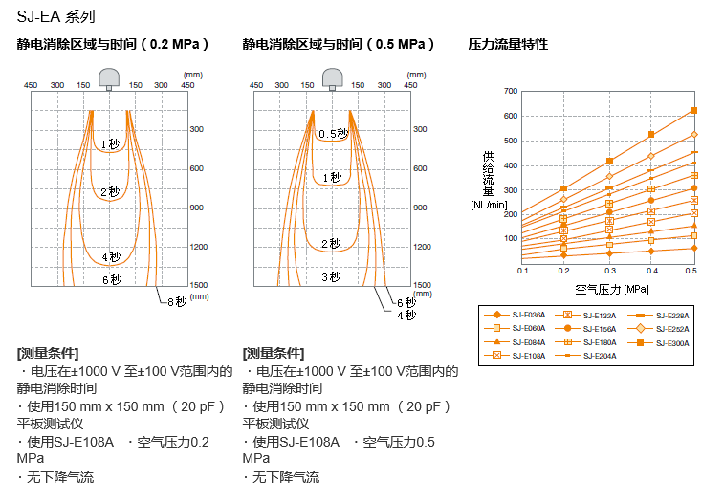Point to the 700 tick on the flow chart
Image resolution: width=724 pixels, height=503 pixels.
pyautogui.click(x=511, y=91)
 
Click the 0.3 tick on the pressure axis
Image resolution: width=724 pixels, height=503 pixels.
pyautogui.click(x=607, y=272)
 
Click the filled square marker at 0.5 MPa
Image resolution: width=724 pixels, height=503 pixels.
pyautogui.click(x=694, y=110)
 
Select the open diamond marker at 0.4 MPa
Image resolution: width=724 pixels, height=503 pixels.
pyautogui.click(x=651, y=156)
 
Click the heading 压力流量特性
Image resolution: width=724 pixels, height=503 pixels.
pyautogui.click(x=508, y=44)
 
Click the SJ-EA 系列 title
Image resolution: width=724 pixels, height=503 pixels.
pyautogui.click(x=55, y=16)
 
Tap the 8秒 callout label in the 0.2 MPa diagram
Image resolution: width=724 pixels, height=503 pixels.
pyautogui.click(x=176, y=302)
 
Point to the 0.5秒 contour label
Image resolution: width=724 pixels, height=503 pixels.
pyautogui.click(x=333, y=134)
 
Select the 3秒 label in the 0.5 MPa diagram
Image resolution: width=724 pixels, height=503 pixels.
pyautogui.click(x=330, y=277)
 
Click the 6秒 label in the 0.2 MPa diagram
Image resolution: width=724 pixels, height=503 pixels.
pyautogui.click(x=111, y=279)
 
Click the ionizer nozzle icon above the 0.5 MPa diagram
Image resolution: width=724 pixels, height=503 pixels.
pyautogui.click(x=334, y=77)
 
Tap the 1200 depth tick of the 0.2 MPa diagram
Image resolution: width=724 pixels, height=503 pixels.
pyautogui.click(x=197, y=247)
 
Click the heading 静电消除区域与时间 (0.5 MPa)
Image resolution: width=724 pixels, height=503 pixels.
pyautogui.click(x=339, y=44)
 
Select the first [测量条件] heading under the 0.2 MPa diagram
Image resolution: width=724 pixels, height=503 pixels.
pyautogui.click(x=48, y=353)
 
